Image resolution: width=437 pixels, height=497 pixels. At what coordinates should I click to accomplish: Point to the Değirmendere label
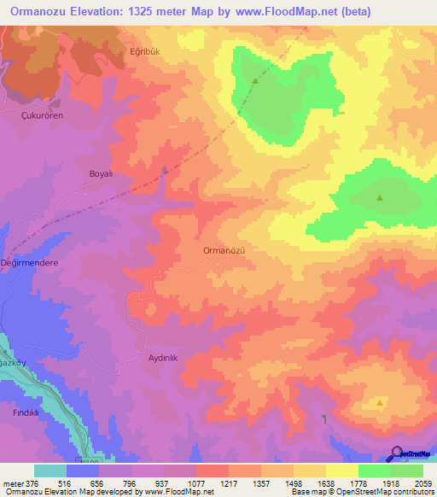[31, 263]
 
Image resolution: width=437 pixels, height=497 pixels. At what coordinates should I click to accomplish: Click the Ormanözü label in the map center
[225, 250]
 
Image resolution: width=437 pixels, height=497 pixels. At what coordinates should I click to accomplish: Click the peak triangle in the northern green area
[255, 81]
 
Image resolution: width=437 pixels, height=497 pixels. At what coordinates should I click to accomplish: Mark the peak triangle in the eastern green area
[380, 199]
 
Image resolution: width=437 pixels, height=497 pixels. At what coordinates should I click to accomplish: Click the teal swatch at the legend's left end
[50, 471]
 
